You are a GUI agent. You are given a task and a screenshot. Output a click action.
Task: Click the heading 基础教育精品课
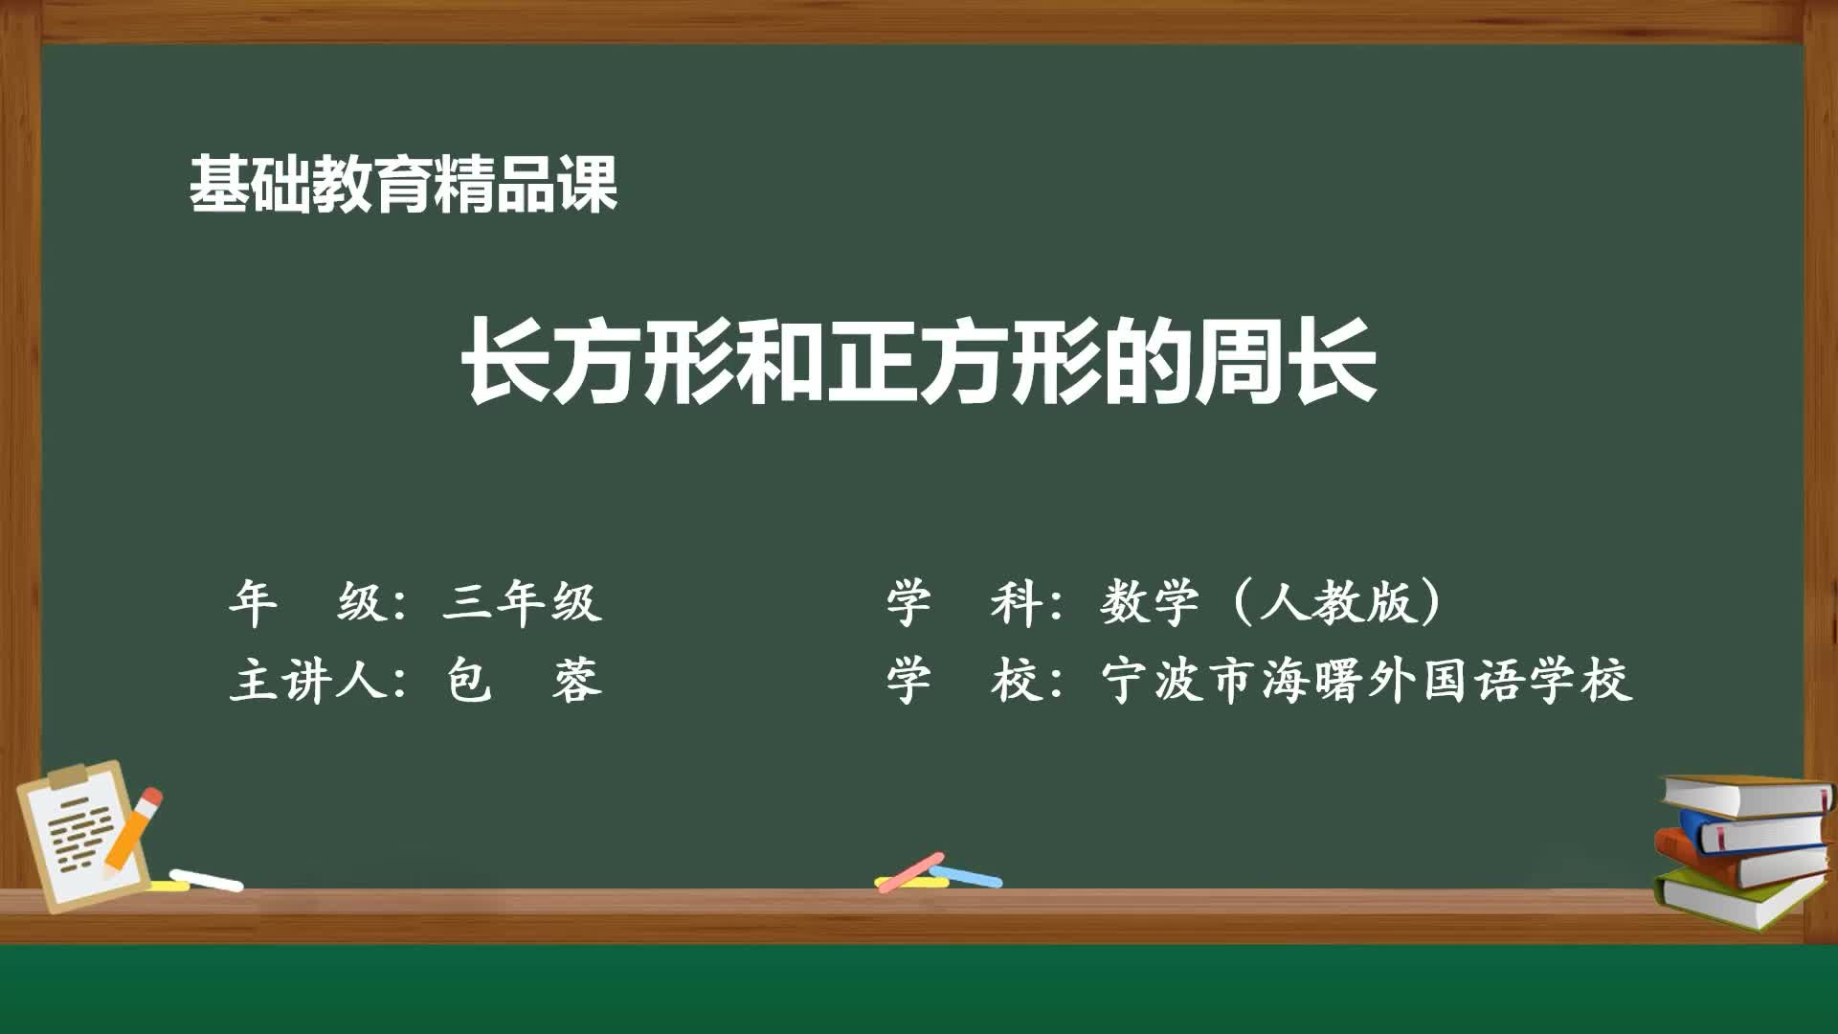click(x=403, y=184)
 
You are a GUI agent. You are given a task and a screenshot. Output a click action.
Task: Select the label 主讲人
click(x=306, y=683)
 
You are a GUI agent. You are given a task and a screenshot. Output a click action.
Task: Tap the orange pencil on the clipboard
click(x=132, y=831)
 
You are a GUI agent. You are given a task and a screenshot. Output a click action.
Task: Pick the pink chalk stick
click(x=909, y=872)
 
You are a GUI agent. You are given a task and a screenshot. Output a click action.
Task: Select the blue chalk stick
click(x=967, y=875)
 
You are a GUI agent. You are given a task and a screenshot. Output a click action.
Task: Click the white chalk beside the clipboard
click(x=207, y=880)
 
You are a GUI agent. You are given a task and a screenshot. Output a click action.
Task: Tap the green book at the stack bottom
click(x=1733, y=900)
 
